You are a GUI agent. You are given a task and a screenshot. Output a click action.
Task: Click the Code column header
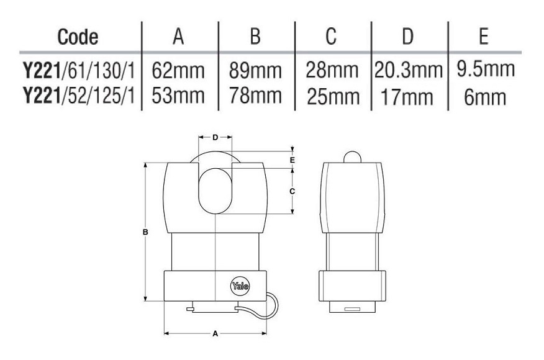point(78,37)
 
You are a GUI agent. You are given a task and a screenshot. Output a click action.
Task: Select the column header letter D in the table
point(407,36)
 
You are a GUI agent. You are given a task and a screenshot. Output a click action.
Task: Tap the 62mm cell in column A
point(178,70)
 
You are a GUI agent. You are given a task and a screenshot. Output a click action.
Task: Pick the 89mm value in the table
point(255,70)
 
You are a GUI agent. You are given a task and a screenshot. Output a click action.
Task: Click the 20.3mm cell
point(409,70)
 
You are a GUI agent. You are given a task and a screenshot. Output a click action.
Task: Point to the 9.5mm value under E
point(486,69)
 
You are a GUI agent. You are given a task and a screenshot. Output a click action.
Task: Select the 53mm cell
point(178,96)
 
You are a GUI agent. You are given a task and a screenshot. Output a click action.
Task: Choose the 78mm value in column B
point(255,96)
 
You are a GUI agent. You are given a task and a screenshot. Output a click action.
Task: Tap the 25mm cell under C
point(333,96)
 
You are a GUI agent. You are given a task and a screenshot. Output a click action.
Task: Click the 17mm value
point(407,97)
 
